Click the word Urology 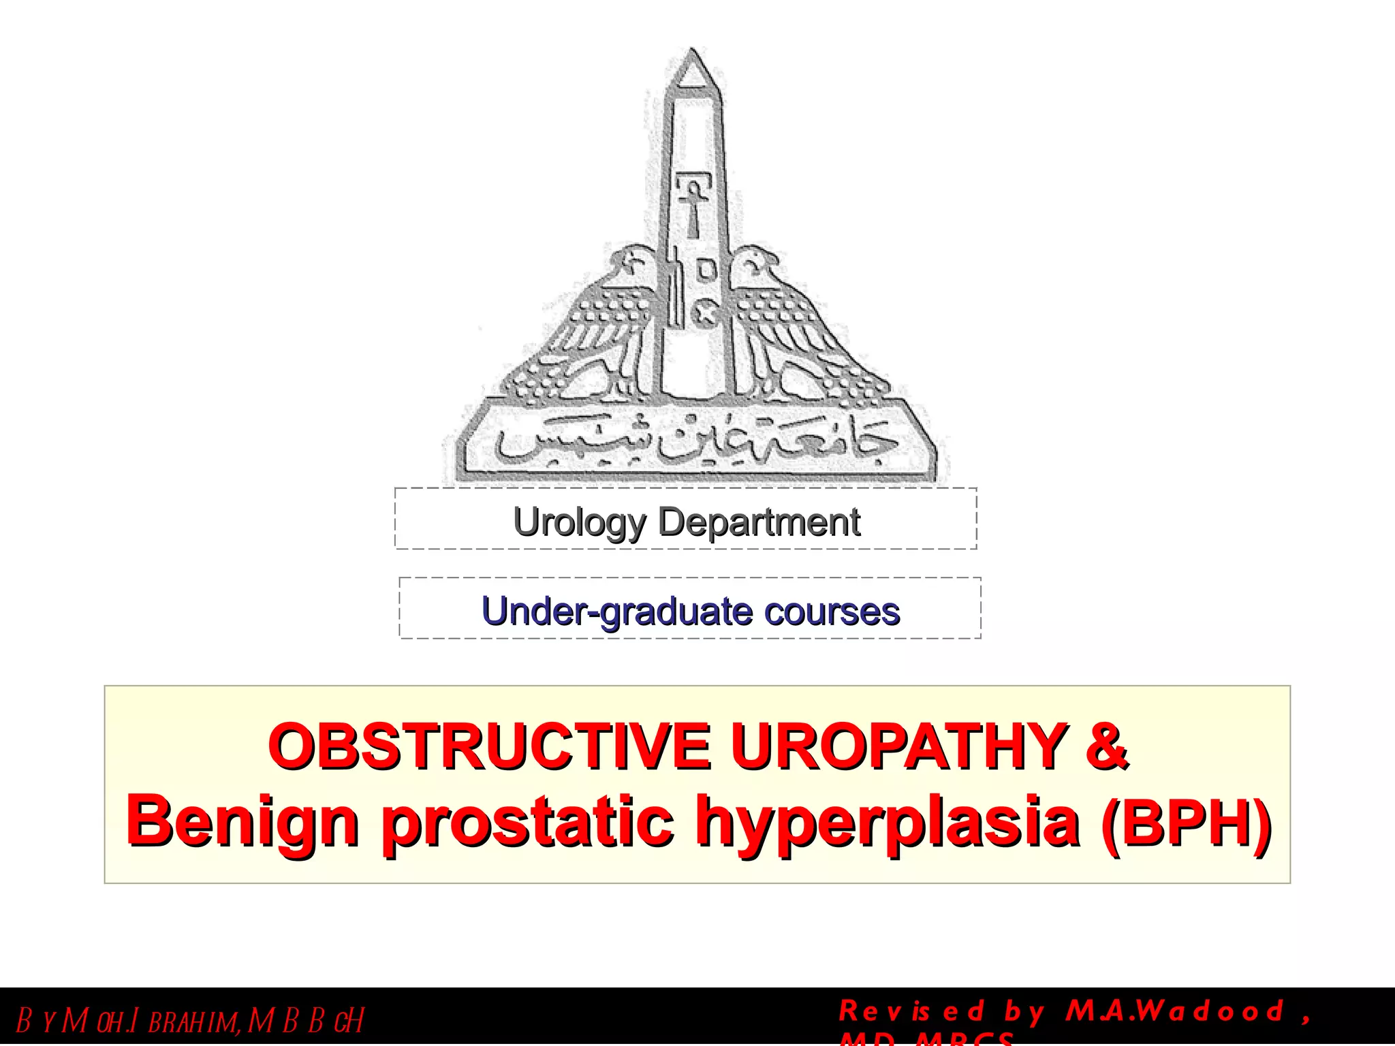pyautogui.click(x=579, y=523)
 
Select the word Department pyautogui.click(x=759, y=523)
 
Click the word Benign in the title pyautogui.click(x=242, y=823)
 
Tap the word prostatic pyautogui.click(x=528, y=823)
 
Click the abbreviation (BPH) pyautogui.click(x=1185, y=823)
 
